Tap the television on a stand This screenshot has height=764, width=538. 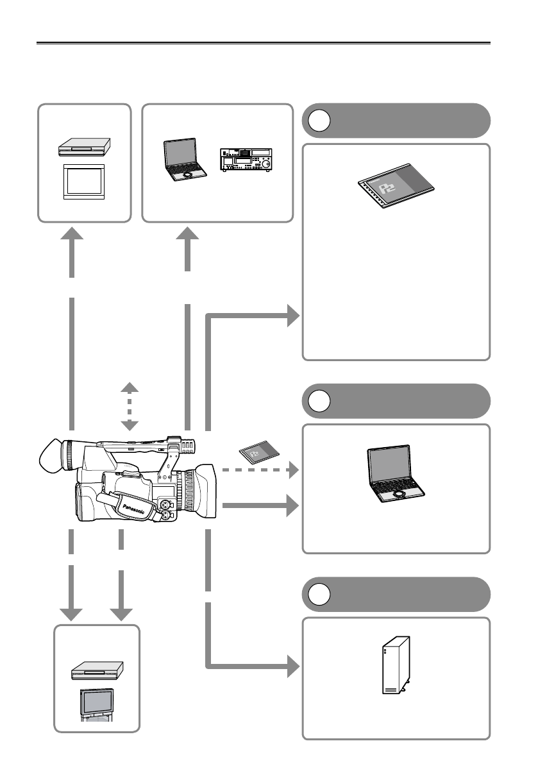click(96, 706)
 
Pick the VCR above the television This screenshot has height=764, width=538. click(96, 670)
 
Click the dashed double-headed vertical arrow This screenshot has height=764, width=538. click(130, 407)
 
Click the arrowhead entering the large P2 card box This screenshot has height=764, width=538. click(292, 316)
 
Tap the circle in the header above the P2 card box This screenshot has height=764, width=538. click(318, 121)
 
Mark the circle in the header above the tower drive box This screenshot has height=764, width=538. click(318, 594)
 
